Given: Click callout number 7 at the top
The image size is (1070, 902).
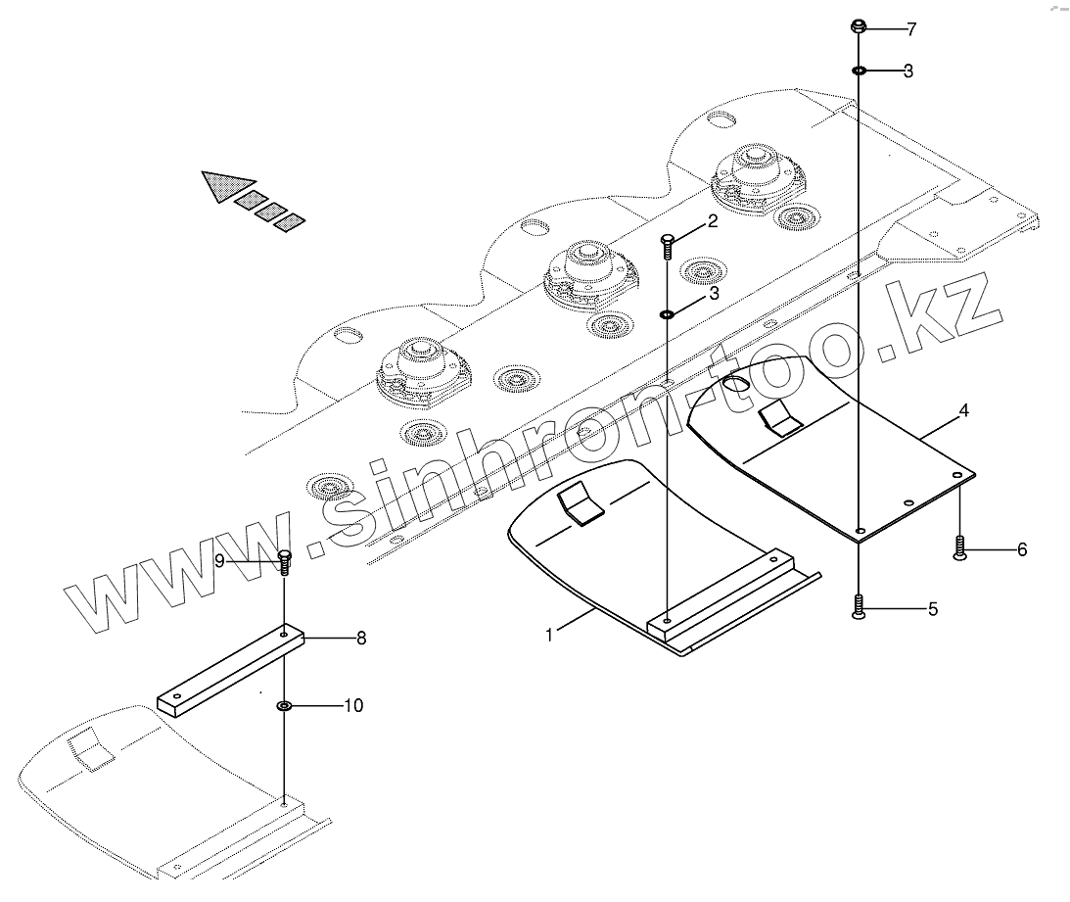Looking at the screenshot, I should click(x=910, y=29).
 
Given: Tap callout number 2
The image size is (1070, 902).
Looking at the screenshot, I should click(x=713, y=221).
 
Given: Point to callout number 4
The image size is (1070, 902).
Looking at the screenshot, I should click(x=963, y=411).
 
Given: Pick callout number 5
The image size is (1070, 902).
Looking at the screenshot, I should click(x=932, y=609).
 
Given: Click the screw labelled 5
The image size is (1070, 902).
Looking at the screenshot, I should click(x=858, y=607).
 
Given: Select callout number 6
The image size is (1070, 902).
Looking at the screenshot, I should click(x=1021, y=549).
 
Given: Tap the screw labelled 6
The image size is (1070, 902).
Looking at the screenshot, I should click(x=960, y=547).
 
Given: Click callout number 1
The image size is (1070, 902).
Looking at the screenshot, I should click(x=549, y=635).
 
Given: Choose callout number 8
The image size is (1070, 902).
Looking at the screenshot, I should click(x=360, y=639).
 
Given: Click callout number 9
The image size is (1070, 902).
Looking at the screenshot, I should click(x=220, y=560).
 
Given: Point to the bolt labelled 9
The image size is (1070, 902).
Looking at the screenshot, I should click(x=285, y=562).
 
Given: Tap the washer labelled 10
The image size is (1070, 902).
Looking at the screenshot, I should click(x=284, y=705).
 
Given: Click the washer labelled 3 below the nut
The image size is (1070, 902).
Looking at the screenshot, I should click(x=859, y=71).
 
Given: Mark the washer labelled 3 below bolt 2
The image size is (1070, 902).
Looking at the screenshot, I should click(x=667, y=314).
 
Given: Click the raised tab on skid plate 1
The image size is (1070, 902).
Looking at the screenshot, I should click(x=581, y=506).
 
